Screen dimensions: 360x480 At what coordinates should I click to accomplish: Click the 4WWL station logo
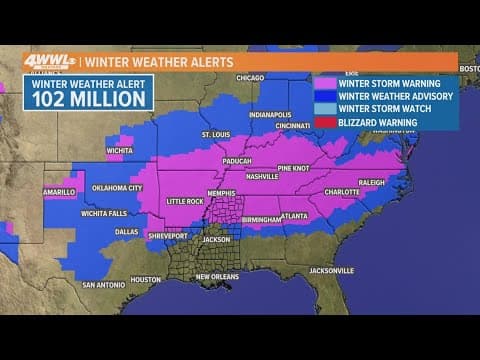[x=47, y=61]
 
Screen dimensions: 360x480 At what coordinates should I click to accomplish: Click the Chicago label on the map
[x=250, y=77]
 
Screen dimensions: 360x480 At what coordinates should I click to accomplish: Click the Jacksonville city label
[x=331, y=270]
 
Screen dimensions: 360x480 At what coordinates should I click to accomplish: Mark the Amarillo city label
[x=57, y=191]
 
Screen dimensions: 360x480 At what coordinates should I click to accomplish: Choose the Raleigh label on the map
[x=371, y=183]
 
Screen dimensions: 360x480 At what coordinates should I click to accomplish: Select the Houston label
[x=145, y=279]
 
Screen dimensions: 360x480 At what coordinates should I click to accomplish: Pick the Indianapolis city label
[x=270, y=114]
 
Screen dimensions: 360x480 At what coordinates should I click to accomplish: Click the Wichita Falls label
[x=104, y=213]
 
